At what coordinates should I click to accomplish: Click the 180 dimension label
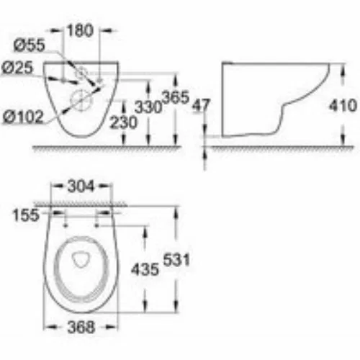click(x=80, y=30)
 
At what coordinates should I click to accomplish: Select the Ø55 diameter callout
click(x=30, y=45)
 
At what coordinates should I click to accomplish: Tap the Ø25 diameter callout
click(x=17, y=68)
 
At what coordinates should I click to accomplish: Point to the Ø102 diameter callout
click(x=23, y=117)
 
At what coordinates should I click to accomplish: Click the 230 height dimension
click(x=123, y=122)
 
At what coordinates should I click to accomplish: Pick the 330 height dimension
click(x=148, y=107)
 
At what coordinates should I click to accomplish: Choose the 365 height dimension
click(x=176, y=97)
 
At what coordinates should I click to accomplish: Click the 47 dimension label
click(x=202, y=105)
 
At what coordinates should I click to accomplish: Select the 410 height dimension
click(x=343, y=105)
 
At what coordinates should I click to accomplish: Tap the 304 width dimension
click(x=81, y=186)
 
